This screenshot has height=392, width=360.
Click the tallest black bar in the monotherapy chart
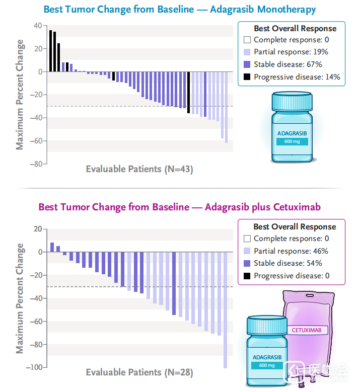[50, 51]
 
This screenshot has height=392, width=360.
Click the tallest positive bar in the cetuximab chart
[52, 247]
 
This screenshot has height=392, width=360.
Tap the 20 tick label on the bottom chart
[37, 229]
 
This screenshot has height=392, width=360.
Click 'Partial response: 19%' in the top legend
[291, 52]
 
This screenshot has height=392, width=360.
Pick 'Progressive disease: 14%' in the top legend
[297, 77]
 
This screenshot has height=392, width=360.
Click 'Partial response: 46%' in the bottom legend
[291, 251]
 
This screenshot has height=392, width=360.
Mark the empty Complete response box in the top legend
[247, 40]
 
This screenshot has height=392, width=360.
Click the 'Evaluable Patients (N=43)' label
[139, 169]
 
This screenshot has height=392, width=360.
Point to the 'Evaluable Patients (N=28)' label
[139, 372]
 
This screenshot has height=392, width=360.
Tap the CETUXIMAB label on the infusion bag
[307, 330]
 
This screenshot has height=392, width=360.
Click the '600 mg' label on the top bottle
[291, 141]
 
